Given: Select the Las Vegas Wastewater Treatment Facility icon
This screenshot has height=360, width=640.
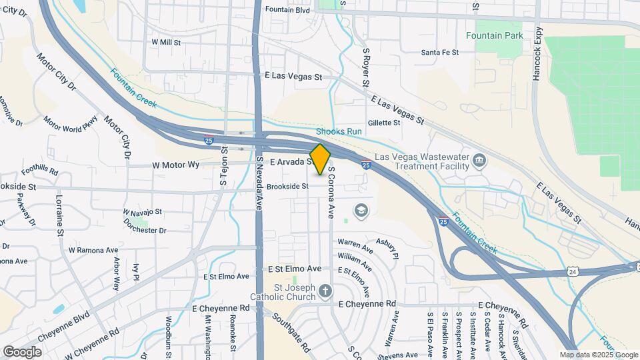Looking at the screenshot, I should [x=479, y=160].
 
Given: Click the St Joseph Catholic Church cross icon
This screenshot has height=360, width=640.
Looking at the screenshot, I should [x=325, y=291].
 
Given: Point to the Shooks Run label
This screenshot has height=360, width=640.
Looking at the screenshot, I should [x=339, y=131].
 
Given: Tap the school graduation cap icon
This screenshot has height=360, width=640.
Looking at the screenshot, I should [x=361, y=211].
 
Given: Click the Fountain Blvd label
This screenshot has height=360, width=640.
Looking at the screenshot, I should [x=287, y=10].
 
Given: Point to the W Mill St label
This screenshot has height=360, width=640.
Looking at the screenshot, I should [x=166, y=41].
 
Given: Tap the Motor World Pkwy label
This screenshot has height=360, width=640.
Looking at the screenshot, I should [x=71, y=124].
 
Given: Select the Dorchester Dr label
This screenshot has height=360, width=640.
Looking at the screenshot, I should [x=145, y=230].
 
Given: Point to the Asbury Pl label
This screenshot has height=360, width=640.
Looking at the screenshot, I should [x=387, y=247].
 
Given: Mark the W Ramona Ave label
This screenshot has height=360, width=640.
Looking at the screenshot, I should [x=93, y=250].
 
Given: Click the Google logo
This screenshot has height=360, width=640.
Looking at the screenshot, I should [x=23, y=351].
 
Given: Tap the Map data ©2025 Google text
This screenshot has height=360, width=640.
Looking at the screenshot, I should [x=598, y=355].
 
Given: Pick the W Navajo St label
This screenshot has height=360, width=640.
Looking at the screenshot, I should [x=143, y=211].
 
